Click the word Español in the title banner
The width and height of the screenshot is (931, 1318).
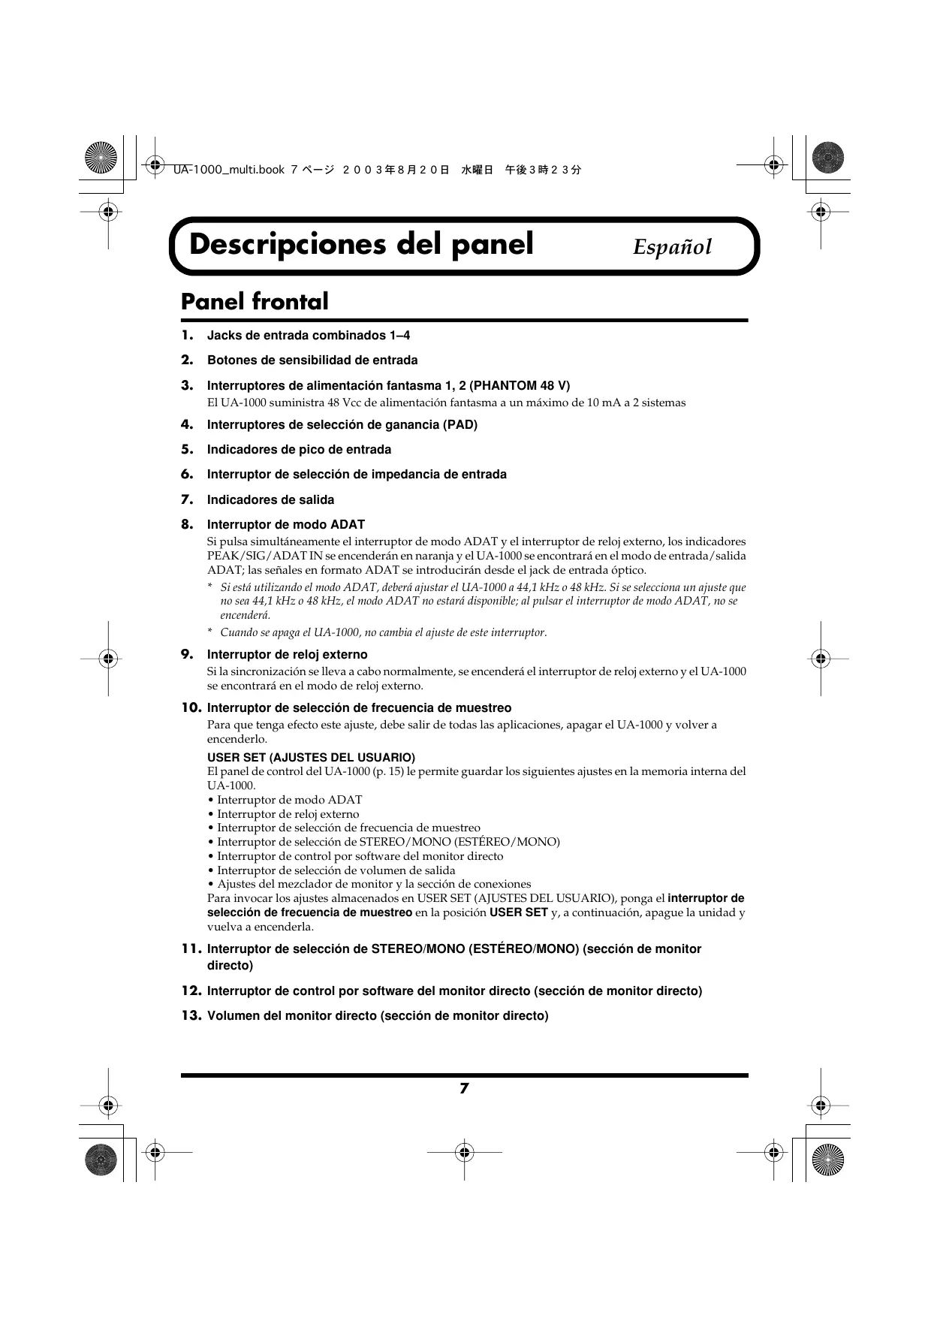pyautogui.click(x=671, y=247)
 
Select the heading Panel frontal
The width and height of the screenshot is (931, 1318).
pyautogui.click(x=255, y=302)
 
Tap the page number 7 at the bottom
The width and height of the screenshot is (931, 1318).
pyautogui.click(x=464, y=1088)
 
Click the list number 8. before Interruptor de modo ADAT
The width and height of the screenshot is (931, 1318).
pyautogui.click(x=188, y=524)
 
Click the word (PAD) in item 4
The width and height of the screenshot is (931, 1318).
pyautogui.click(x=460, y=425)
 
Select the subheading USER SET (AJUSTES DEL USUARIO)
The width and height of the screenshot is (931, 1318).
pyautogui.click(x=311, y=757)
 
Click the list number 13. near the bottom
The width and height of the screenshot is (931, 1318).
pyautogui.click(x=191, y=1016)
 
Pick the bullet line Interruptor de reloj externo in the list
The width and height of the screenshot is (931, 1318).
pyautogui.click(x=288, y=814)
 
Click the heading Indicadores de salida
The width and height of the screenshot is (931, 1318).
pyautogui.click(x=270, y=500)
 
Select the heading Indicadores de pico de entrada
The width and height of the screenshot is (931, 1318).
pyautogui.click(x=299, y=450)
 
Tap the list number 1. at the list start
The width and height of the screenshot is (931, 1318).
pyautogui.click(x=188, y=335)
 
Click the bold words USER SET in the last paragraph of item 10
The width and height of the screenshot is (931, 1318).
pyautogui.click(x=518, y=912)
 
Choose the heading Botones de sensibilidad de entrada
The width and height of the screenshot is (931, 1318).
pyautogui.click(x=312, y=360)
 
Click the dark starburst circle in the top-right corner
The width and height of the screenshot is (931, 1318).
pyautogui.click(x=828, y=158)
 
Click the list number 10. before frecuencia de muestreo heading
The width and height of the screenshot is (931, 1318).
pyautogui.click(x=191, y=707)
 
